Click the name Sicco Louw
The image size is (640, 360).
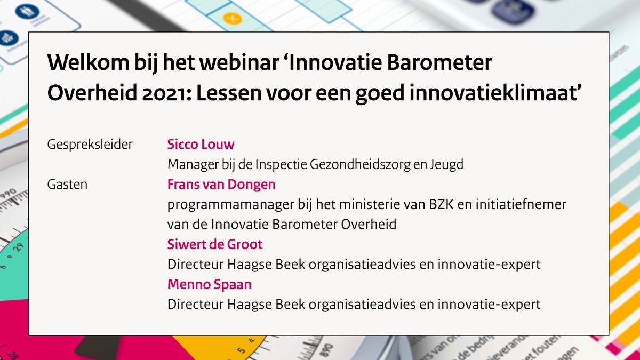pos(201,145)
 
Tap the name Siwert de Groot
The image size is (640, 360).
pos(215,244)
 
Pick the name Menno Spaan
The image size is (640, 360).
pos(209,284)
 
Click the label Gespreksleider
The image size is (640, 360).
pos(90,145)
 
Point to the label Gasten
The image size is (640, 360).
pos(67,185)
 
